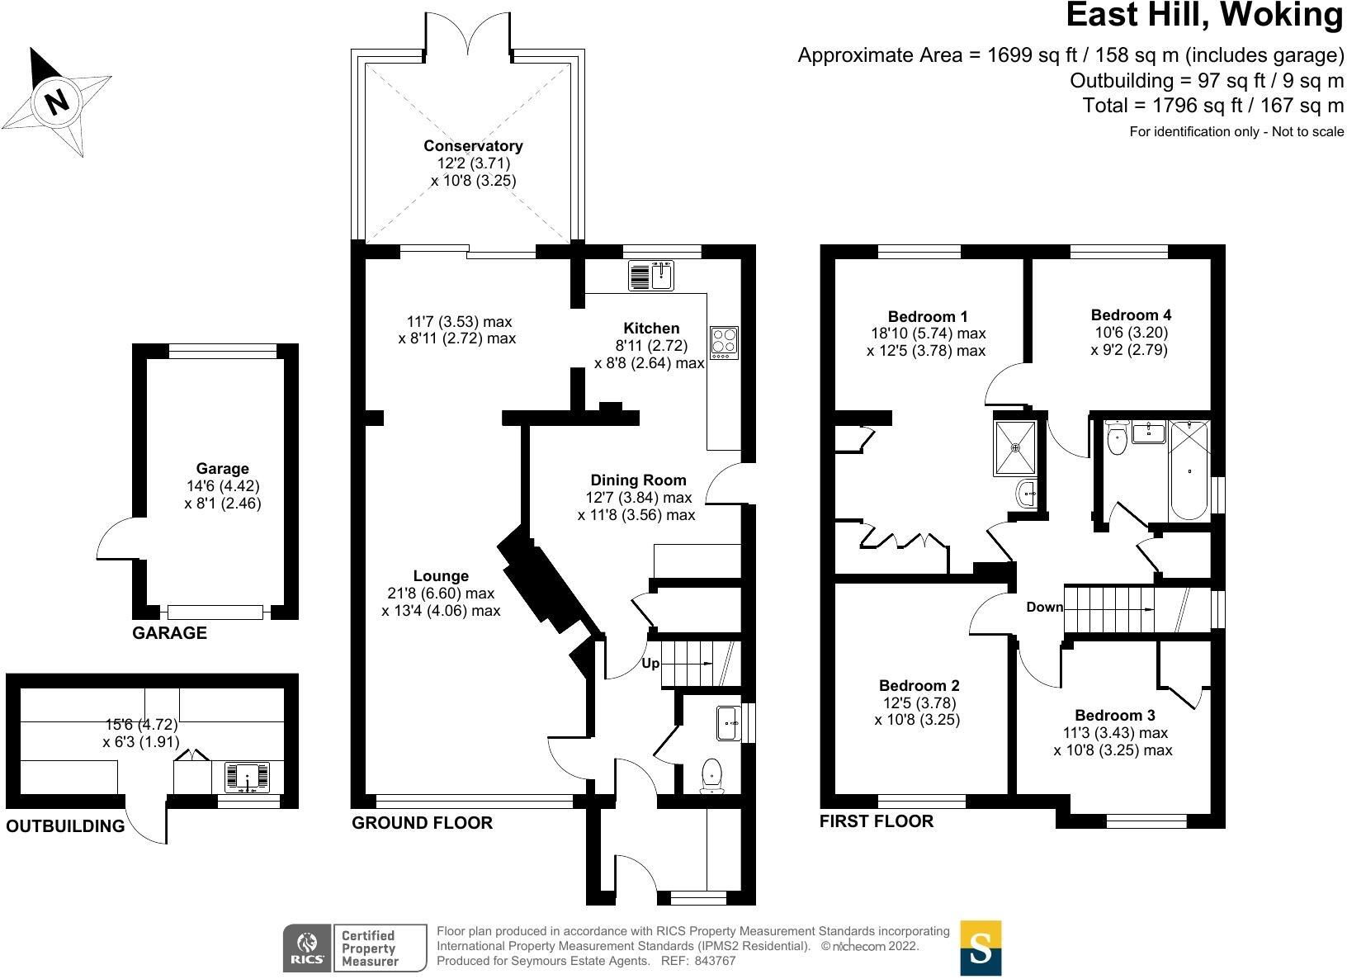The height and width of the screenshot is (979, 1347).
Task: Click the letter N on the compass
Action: pyautogui.click(x=57, y=102)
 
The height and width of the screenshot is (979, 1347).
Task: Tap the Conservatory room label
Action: pyautogui.click(x=473, y=146)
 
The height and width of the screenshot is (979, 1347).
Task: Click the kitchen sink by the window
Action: pyautogui.click(x=651, y=276)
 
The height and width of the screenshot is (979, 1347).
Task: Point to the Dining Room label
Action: pyautogui.click(x=638, y=480)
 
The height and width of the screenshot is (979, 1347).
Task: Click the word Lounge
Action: pyautogui.click(x=441, y=576)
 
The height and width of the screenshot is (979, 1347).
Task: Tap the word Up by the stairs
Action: pyautogui.click(x=650, y=664)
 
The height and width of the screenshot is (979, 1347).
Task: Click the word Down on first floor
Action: pyautogui.click(x=1045, y=607)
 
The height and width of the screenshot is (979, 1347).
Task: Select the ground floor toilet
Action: pyautogui.click(x=712, y=776)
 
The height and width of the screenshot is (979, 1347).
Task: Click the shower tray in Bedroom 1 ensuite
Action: pyautogui.click(x=1016, y=447)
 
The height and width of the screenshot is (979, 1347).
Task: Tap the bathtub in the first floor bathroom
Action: pyautogui.click(x=1189, y=471)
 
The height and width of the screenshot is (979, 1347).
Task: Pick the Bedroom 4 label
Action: pyautogui.click(x=1131, y=315)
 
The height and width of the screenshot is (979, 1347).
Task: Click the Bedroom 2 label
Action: pyautogui.click(x=919, y=685)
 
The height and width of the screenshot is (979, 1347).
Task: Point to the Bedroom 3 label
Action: pyautogui.click(x=1115, y=715)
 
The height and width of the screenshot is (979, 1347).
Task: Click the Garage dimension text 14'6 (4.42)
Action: pyautogui.click(x=223, y=486)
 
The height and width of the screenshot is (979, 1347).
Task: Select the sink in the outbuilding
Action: pyautogui.click(x=247, y=778)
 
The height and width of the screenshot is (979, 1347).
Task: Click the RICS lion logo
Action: pyautogui.click(x=307, y=948)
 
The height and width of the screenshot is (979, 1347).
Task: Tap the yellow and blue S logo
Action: pyautogui.click(x=981, y=948)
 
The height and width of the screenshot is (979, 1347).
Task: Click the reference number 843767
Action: pyautogui.click(x=715, y=961)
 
